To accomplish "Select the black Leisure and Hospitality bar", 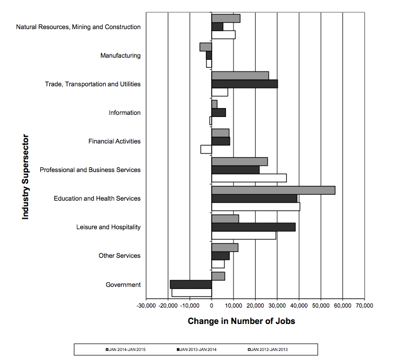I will coord(254,227).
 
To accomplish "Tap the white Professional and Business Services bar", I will coord(249,178).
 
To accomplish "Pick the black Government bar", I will coord(191,284).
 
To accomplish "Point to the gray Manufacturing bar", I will coord(205,47).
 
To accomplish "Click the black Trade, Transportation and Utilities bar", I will coord(245,84).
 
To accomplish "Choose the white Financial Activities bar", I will coord(206,149).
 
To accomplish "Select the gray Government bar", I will coord(218,276).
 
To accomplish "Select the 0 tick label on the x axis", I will coord(212,305).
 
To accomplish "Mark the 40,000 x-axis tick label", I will coord(299,305).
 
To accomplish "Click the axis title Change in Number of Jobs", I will coord(241,321).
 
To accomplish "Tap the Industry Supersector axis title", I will coord(25,177).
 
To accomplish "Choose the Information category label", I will coord(124,113).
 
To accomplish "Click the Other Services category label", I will coord(120,256).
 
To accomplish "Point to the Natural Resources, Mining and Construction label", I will coord(78,27).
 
